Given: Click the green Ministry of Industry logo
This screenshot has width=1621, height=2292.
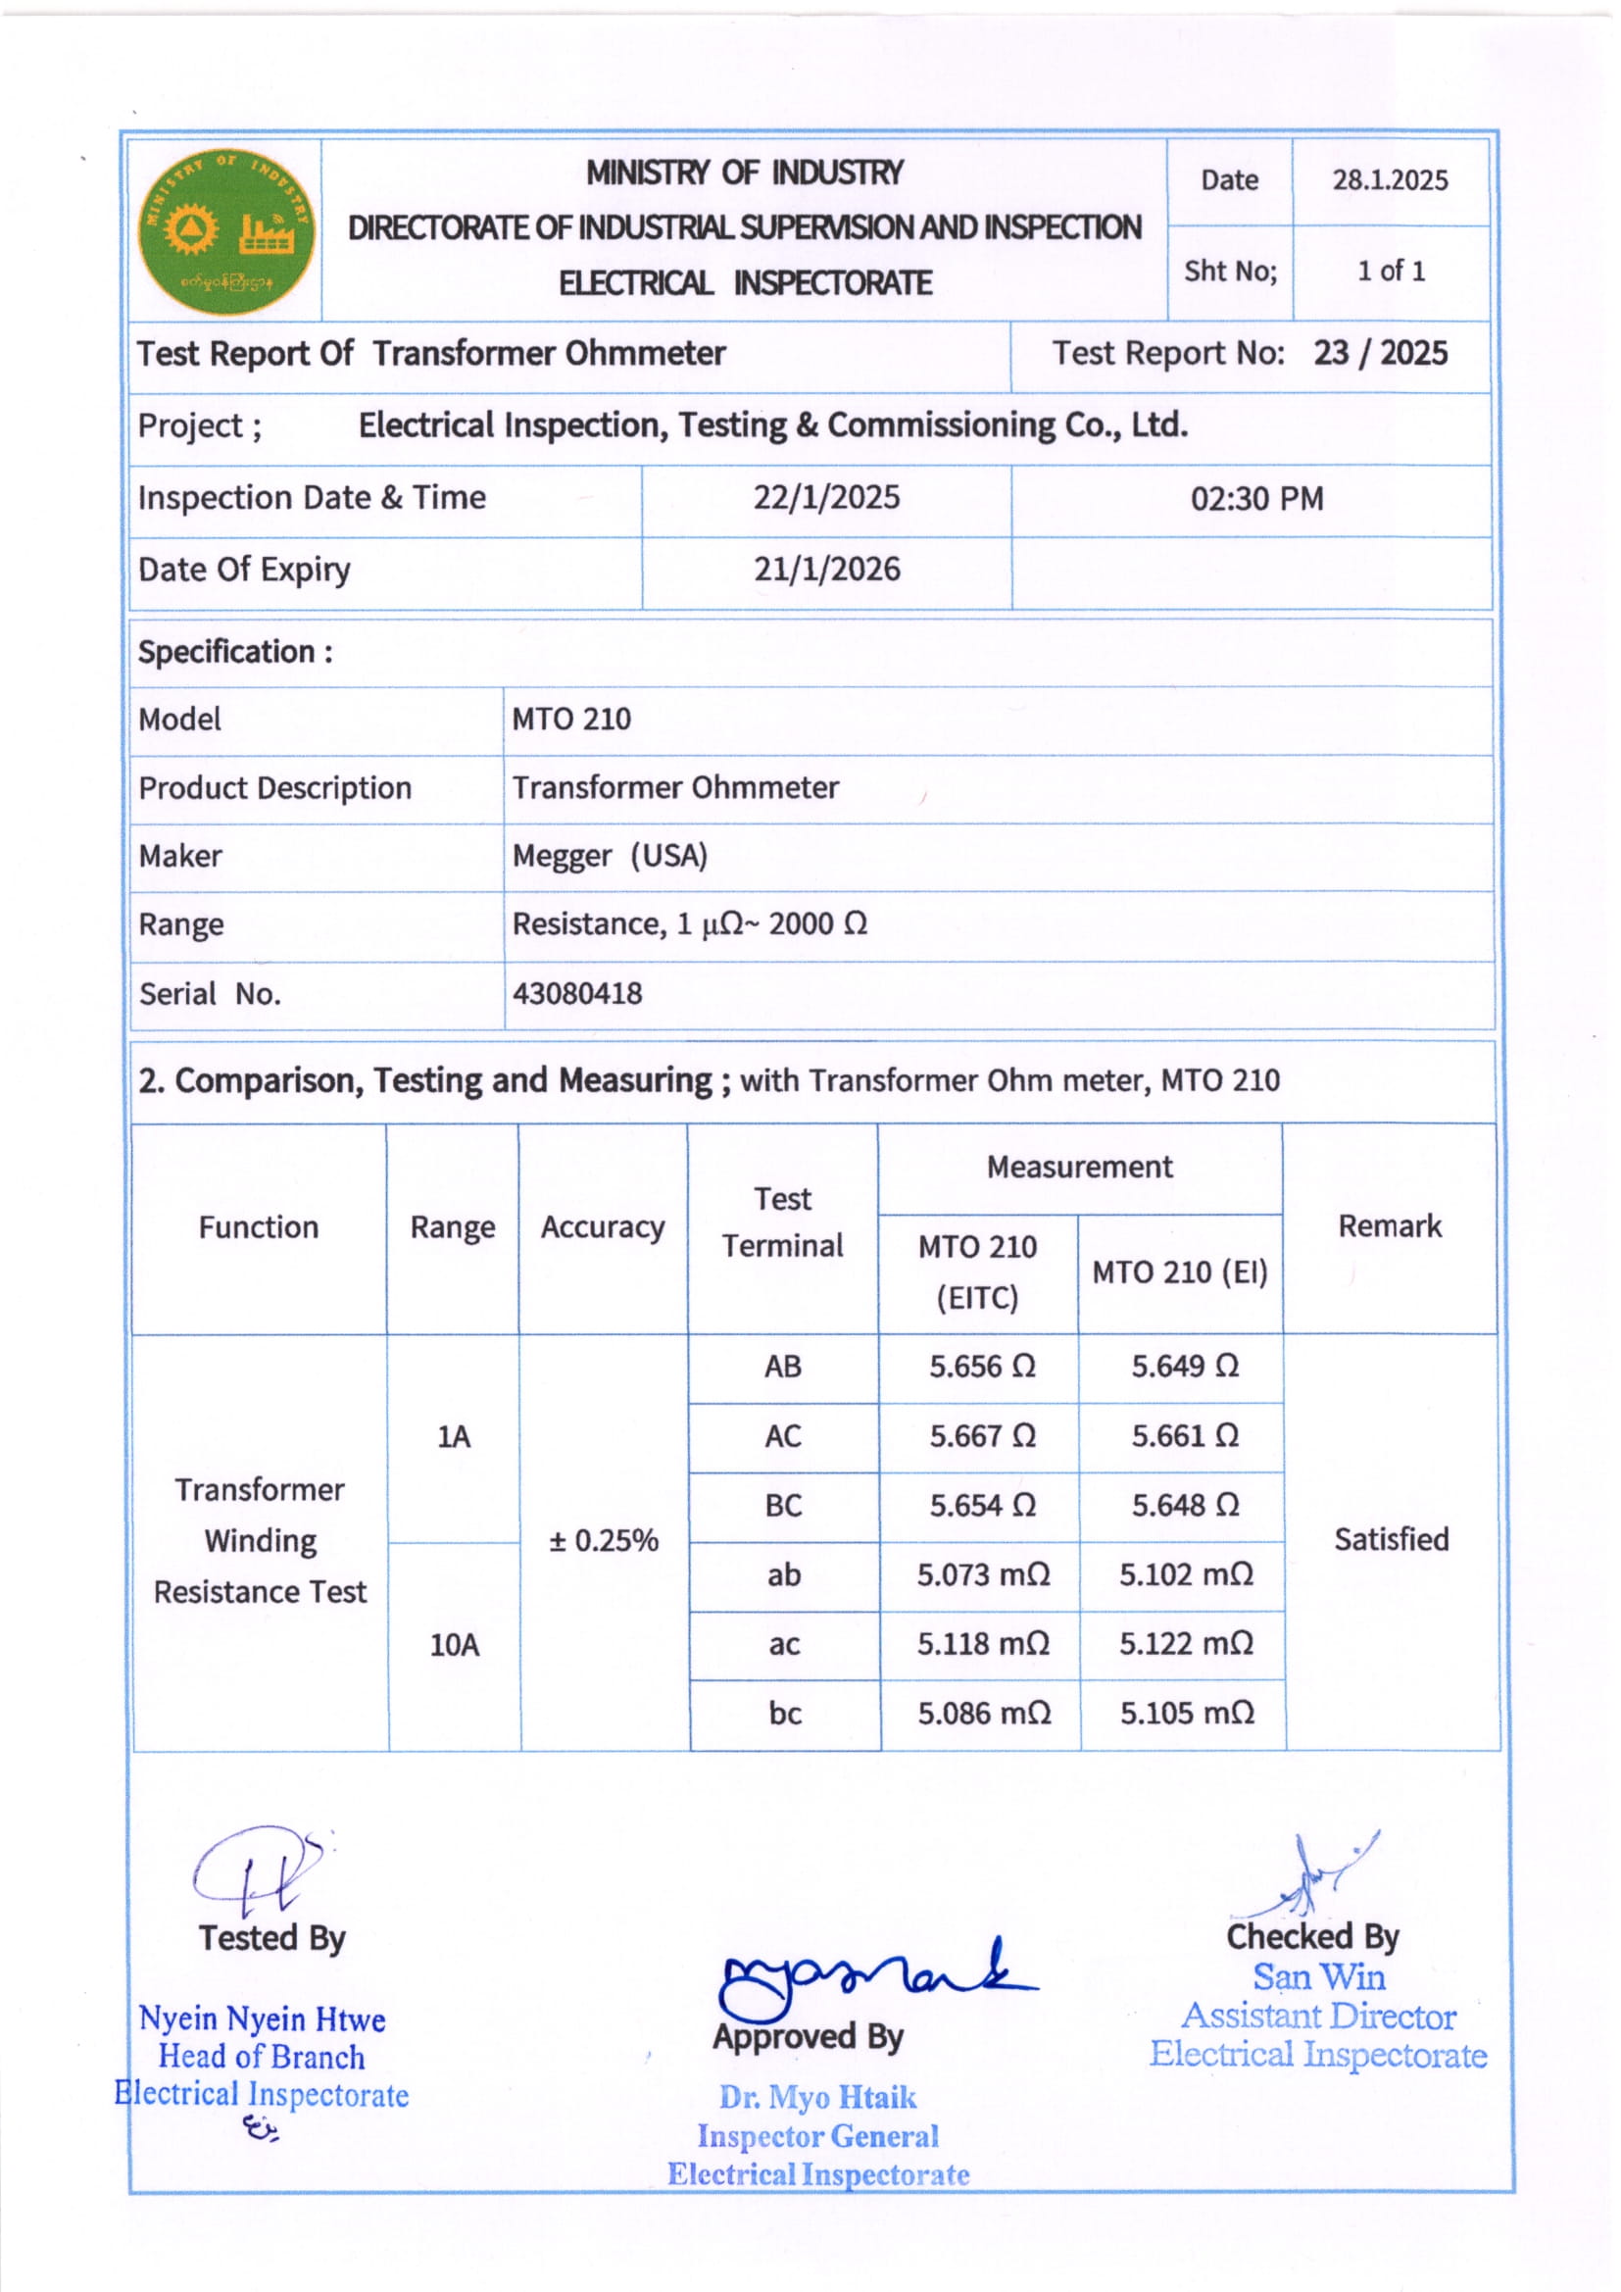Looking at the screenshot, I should [225, 231].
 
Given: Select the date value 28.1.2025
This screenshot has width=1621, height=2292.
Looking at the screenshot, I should [1390, 180].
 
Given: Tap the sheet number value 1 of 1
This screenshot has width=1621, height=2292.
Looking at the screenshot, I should [1391, 271].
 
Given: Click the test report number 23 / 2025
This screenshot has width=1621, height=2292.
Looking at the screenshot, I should [1380, 353].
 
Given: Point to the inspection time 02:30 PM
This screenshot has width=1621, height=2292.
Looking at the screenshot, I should [1256, 499].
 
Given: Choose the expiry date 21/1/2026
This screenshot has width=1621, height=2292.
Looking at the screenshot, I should [826, 570].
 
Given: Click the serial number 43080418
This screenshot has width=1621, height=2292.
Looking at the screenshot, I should [577, 994].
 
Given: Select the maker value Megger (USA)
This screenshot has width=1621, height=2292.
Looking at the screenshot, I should [609, 857].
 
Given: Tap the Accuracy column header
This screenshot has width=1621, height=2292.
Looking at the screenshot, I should [602, 1227].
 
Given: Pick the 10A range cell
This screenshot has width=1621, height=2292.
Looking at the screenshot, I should [454, 1645].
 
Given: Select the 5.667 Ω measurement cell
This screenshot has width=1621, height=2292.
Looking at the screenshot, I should [982, 1436].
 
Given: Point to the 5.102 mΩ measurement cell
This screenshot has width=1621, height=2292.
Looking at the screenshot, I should [1185, 1575].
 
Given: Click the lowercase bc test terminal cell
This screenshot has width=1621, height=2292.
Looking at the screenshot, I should [785, 1714].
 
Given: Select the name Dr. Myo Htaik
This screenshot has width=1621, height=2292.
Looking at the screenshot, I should [817, 2097].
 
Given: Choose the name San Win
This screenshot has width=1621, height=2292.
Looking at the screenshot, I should [1318, 1977].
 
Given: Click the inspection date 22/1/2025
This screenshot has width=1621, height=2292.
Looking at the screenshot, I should [826, 498].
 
